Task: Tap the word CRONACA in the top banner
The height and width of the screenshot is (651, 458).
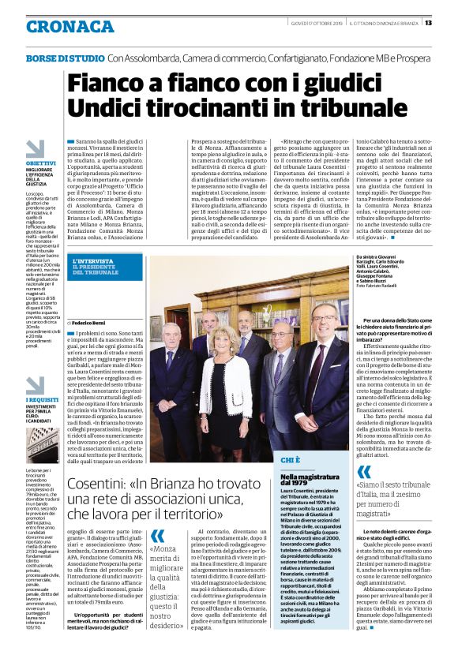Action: [x=58, y=26]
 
